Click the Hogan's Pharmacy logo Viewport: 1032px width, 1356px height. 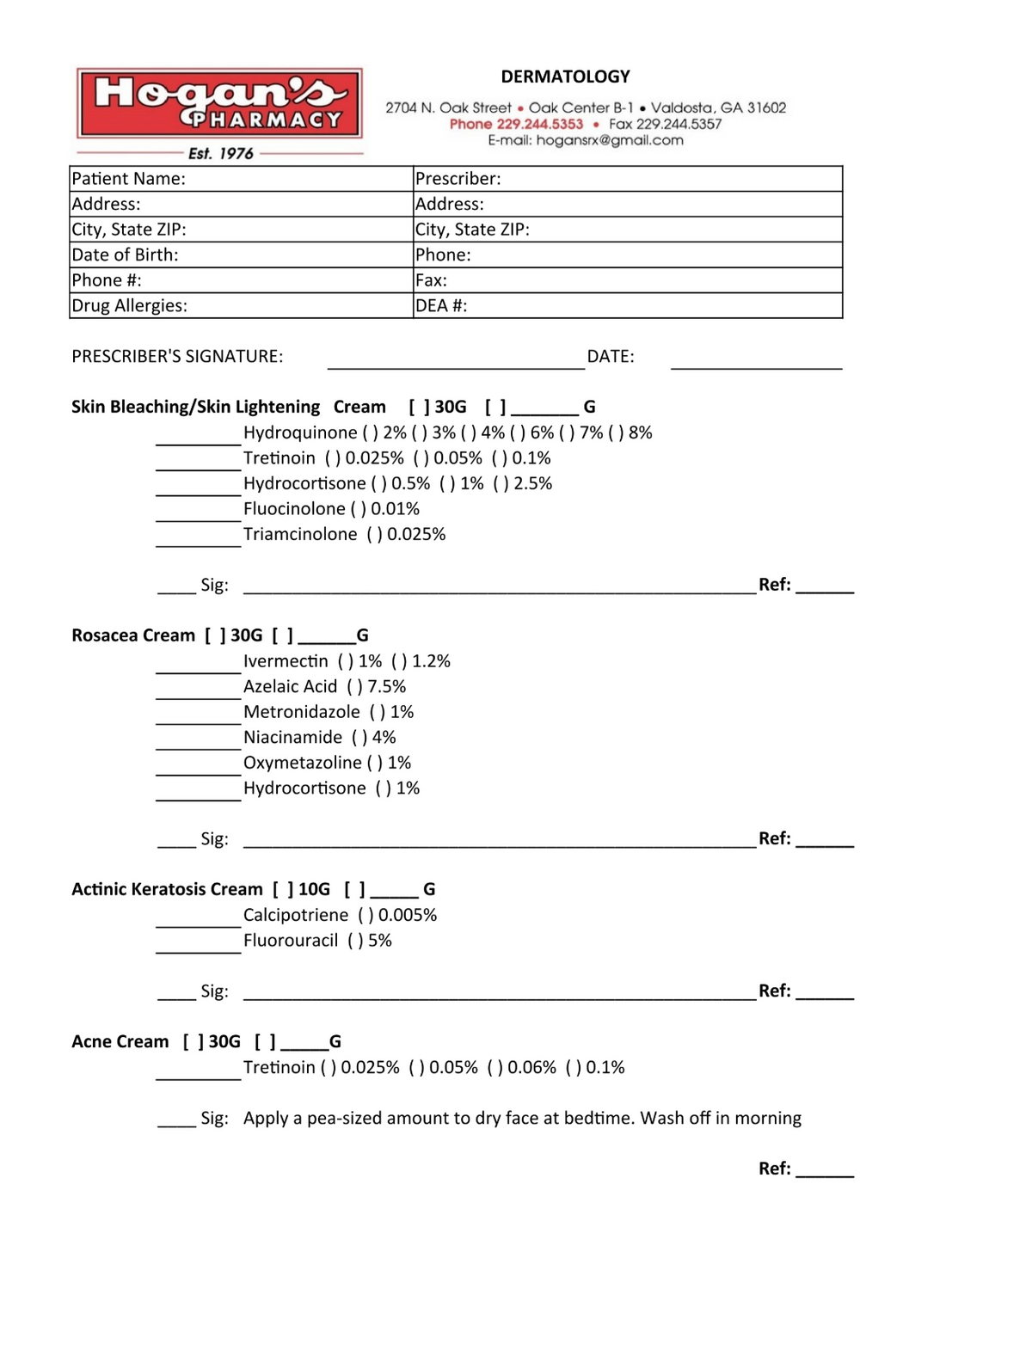(x=219, y=104)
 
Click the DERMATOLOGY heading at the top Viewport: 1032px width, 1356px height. (x=565, y=77)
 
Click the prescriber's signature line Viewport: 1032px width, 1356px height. (x=456, y=361)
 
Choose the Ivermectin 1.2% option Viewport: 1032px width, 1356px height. (x=399, y=661)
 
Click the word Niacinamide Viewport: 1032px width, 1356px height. (x=292, y=738)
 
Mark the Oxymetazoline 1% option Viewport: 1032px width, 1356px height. (x=375, y=763)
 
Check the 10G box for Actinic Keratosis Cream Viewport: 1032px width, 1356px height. (x=283, y=889)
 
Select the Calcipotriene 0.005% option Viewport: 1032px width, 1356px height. (x=365, y=915)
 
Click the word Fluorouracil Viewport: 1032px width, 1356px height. (x=291, y=941)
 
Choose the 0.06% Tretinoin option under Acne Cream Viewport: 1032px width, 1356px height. (x=495, y=1068)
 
